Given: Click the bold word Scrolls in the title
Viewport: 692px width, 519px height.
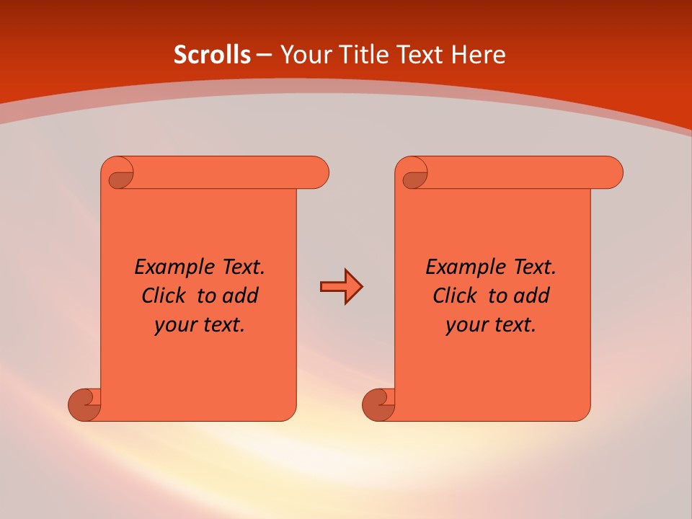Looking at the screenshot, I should click(212, 55).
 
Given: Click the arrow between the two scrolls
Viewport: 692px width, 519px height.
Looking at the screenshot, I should click(341, 287).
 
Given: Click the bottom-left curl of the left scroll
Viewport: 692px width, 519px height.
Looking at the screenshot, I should click(85, 404).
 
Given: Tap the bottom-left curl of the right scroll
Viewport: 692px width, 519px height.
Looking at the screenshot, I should click(378, 404).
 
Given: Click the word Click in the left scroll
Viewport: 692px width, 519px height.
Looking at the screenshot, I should click(164, 296).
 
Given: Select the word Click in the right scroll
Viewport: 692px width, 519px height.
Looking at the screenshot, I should click(455, 296).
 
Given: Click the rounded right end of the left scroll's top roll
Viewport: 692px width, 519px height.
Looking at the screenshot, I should click(317, 173).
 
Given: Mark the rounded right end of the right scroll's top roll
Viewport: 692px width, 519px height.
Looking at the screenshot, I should click(611, 173).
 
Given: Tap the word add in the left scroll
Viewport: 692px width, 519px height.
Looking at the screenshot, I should click(241, 296).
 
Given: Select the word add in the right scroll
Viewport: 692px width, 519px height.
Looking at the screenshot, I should click(533, 296).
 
